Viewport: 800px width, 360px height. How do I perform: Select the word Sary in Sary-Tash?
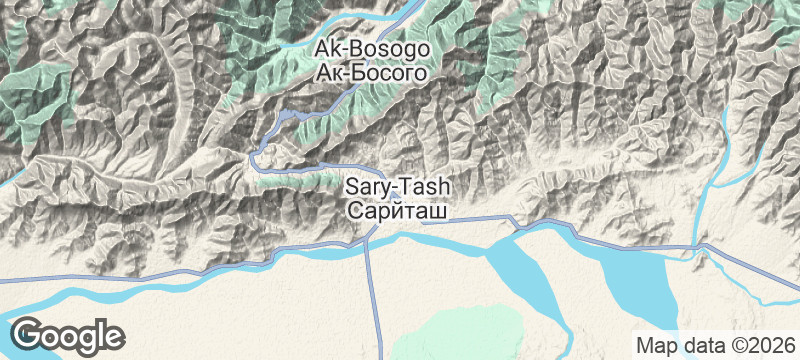point(365,186)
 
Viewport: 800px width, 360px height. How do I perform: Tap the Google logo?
point(68,334)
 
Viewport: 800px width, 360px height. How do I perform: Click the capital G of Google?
point(27,333)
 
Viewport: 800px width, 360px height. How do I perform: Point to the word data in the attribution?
point(695,344)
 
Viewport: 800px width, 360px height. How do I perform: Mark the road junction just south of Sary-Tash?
point(368,240)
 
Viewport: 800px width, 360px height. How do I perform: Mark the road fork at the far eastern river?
point(700,245)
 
